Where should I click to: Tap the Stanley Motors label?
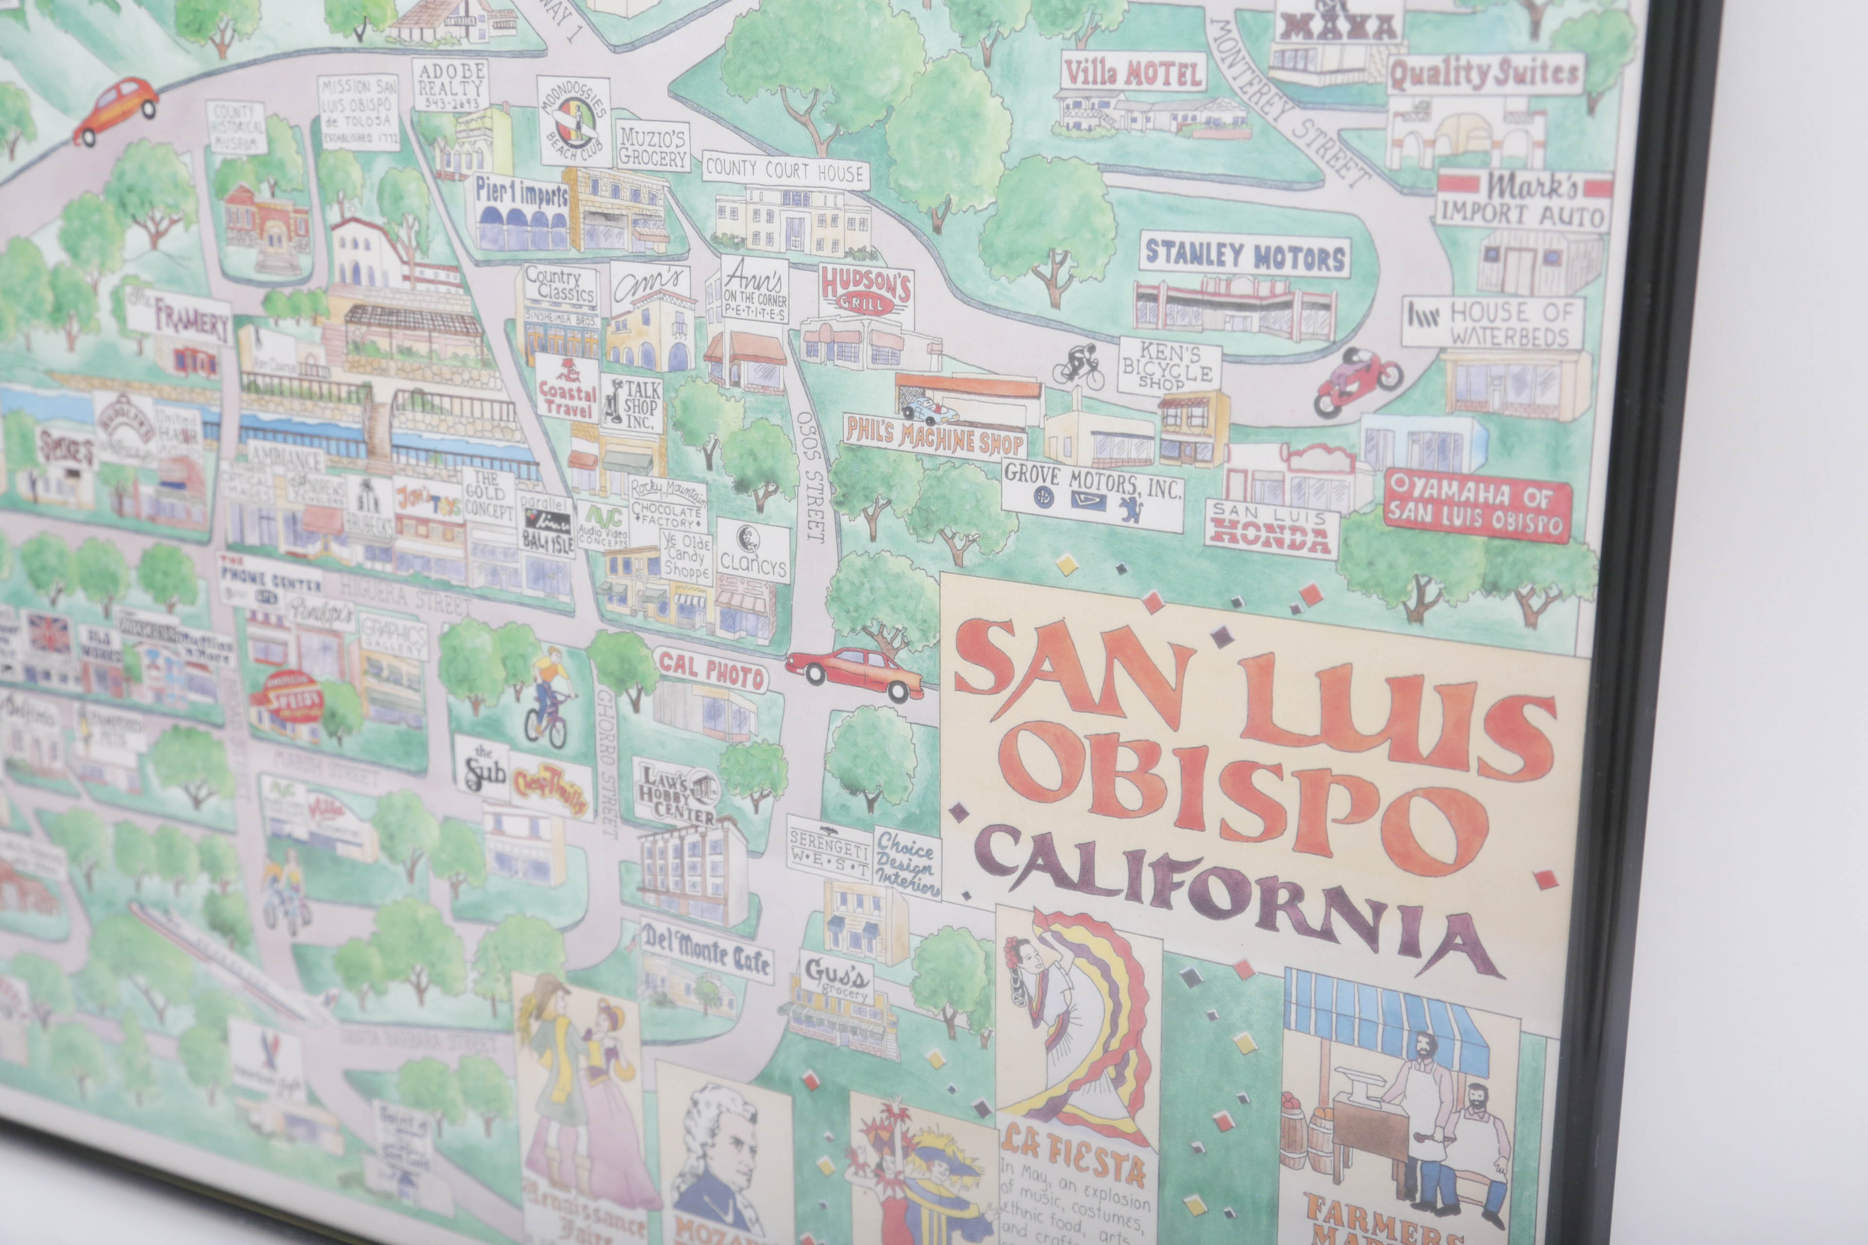(1244, 256)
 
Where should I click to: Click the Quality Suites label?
(1484, 74)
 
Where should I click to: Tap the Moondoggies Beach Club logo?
(574, 121)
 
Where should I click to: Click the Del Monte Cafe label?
(705, 950)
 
